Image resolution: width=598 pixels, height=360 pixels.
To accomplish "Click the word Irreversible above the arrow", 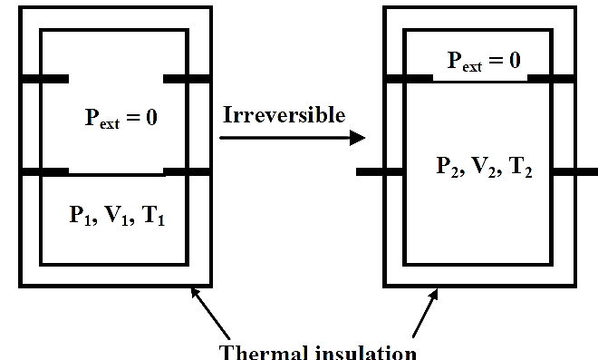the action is pyautogui.click(x=284, y=114).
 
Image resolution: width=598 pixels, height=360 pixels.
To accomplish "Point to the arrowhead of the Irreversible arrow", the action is pyautogui.click(x=357, y=138).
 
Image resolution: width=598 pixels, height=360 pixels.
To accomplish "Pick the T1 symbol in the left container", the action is pyautogui.click(x=153, y=215).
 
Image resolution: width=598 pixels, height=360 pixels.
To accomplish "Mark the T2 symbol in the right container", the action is pyautogui.click(x=520, y=167).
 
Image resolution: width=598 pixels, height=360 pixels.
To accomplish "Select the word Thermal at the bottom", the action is pyautogui.click(x=263, y=352).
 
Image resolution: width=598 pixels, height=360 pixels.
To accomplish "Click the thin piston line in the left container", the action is pyautogui.click(x=116, y=174).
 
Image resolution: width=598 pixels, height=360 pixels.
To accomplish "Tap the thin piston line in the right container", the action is pyautogui.click(x=480, y=80).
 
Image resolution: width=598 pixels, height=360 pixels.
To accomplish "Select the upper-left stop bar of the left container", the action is pyautogui.click(x=44, y=79).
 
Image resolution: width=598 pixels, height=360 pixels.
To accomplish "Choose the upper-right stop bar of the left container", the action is pyautogui.click(x=187, y=79).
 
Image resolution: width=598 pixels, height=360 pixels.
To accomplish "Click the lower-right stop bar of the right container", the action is pyautogui.click(x=574, y=171).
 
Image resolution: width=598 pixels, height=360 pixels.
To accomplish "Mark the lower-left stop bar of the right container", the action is pyautogui.click(x=380, y=171).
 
